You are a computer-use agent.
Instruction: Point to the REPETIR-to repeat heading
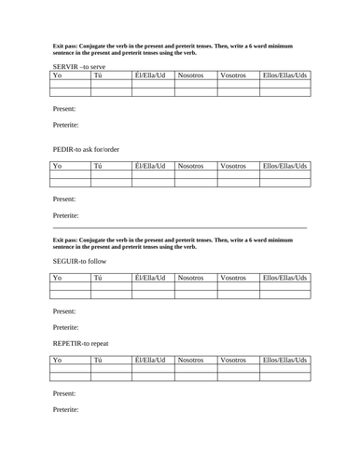[x=88, y=344]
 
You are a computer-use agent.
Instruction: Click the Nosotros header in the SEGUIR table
[x=194, y=279]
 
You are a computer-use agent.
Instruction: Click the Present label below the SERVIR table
[x=65, y=109]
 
